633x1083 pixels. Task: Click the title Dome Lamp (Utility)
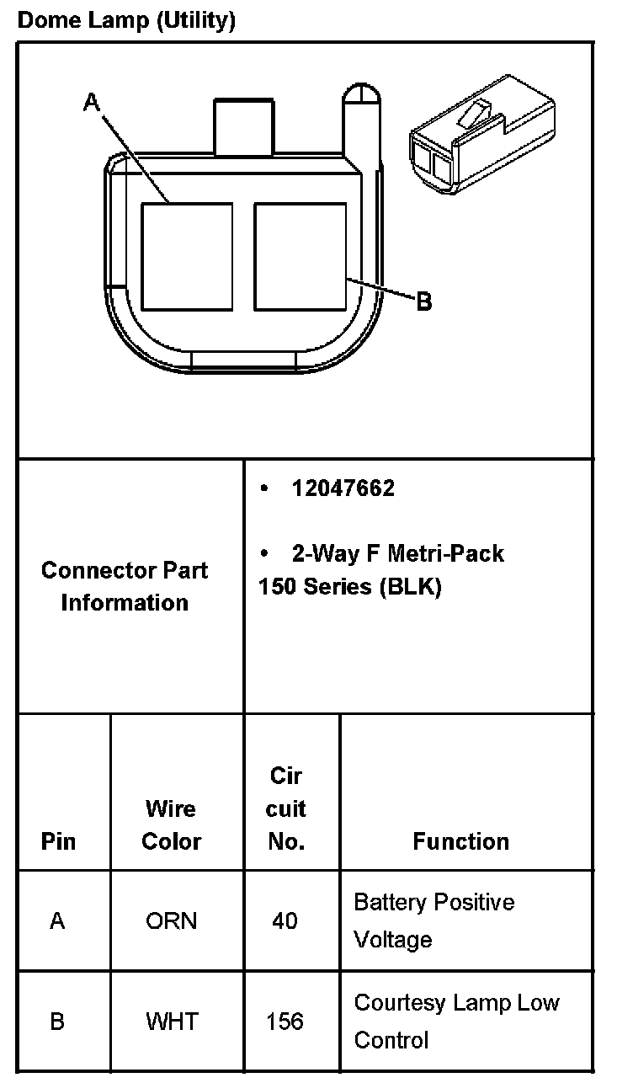pyautogui.click(x=126, y=20)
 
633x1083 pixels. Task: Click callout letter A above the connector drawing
pyautogui.click(x=92, y=102)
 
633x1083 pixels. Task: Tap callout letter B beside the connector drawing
pyautogui.click(x=424, y=301)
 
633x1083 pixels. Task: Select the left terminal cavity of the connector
pyautogui.click(x=186, y=256)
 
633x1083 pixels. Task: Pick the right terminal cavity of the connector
pyautogui.click(x=301, y=256)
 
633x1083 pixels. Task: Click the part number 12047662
pyautogui.click(x=343, y=488)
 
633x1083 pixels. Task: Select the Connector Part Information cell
pyautogui.click(x=125, y=586)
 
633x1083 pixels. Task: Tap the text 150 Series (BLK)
pyautogui.click(x=349, y=586)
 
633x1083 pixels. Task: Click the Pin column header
pyautogui.click(x=58, y=841)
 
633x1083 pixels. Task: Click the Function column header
pyautogui.click(x=460, y=841)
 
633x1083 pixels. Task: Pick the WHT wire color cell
pyautogui.click(x=172, y=1022)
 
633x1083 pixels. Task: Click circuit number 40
pyautogui.click(x=285, y=920)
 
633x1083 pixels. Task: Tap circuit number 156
pyautogui.click(x=285, y=1022)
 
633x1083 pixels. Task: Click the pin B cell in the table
pyautogui.click(x=57, y=1022)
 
